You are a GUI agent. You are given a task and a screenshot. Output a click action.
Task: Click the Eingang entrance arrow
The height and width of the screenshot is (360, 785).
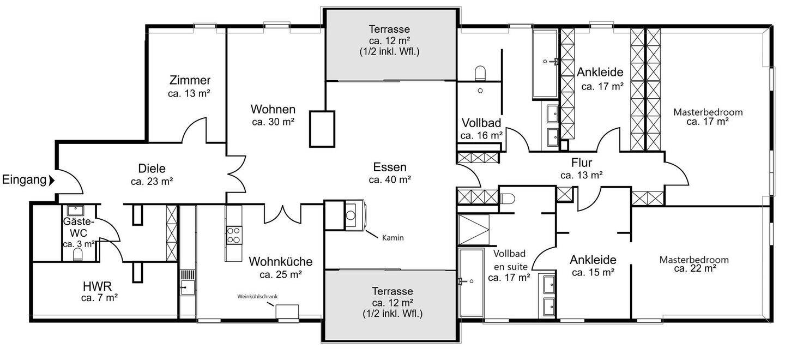(x=51, y=181)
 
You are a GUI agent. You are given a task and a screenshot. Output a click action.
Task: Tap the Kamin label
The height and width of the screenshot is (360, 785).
(x=393, y=238)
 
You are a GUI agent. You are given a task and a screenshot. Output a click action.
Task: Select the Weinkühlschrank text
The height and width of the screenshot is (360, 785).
(x=257, y=296)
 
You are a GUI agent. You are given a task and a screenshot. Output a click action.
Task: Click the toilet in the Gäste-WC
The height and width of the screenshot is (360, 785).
(x=78, y=254)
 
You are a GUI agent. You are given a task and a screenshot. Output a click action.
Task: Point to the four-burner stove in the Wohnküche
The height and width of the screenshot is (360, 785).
(x=233, y=235)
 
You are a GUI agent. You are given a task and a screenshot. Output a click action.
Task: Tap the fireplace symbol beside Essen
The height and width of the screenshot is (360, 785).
(x=355, y=215)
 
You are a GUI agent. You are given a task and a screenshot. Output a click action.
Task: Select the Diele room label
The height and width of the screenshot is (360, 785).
(x=152, y=168)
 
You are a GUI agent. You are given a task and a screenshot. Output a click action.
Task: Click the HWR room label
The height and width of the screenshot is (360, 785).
(x=97, y=286)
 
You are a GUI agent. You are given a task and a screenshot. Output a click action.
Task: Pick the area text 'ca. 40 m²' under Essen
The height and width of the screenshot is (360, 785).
(x=390, y=179)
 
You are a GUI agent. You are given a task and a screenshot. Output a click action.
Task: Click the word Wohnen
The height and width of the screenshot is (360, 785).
(x=273, y=109)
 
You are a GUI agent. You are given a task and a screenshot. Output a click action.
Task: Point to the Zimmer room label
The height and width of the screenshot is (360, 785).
(x=190, y=80)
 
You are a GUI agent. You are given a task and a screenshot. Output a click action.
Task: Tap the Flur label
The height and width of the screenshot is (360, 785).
(x=581, y=163)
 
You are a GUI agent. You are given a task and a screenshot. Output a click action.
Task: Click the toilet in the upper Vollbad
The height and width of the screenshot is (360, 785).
(x=480, y=73)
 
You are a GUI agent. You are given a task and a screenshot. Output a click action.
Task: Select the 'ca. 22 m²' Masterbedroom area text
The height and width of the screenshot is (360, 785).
(x=695, y=268)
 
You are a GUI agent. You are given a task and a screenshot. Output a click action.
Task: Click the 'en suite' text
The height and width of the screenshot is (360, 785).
(x=511, y=267)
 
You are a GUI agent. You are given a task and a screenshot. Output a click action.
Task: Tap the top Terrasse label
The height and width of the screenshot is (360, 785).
(x=389, y=29)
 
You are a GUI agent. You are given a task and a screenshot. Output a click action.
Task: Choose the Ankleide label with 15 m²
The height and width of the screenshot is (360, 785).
(x=593, y=260)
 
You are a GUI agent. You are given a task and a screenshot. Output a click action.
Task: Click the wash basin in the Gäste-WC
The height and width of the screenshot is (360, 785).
(x=75, y=211)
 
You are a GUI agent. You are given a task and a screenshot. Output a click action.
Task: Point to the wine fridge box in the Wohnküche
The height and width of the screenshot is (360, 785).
(x=287, y=311)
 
